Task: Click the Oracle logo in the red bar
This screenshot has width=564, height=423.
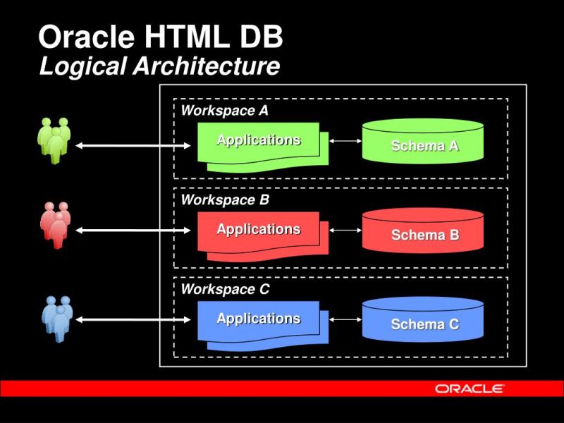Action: [x=469, y=388]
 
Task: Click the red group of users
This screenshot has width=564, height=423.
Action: [x=54, y=226]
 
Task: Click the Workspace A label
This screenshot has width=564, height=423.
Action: [x=224, y=111]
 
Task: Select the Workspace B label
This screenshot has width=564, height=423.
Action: [x=225, y=200]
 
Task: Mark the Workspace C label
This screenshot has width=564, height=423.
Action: [x=225, y=289]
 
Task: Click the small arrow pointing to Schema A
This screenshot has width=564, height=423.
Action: [x=345, y=141]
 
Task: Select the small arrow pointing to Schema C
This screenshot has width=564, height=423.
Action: [x=345, y=319]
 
